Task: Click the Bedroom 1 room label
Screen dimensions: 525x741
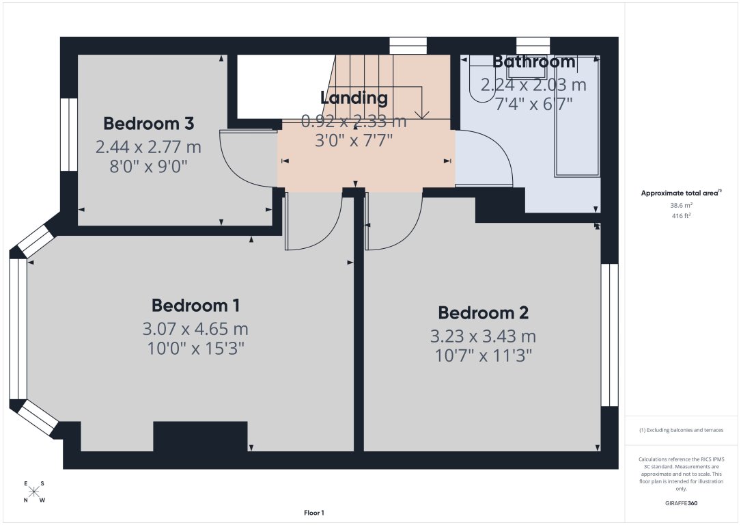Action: coord(195,306)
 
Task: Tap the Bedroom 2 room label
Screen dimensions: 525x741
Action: coord(483,313)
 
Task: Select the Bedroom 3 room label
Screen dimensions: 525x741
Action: coord(148,124)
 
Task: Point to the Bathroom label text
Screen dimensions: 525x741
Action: coord(534,62)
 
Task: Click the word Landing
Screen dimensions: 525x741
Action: coord(354,98)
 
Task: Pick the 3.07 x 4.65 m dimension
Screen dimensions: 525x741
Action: coord(195,329)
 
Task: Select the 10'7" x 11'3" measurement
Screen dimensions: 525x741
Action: coord(483,355)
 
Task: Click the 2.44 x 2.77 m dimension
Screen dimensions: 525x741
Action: coord(148,146)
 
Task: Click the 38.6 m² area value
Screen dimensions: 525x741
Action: coord(681,205)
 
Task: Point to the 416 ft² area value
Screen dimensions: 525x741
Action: coord(681,215)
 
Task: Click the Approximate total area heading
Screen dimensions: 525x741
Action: coord(680,193)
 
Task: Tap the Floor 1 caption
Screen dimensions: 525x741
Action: coord(314,513)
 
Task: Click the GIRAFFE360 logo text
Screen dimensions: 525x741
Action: coord(681,503)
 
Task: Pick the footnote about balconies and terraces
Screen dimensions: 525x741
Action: coord(681,430)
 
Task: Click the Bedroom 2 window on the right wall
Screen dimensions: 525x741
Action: coord(609,335)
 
